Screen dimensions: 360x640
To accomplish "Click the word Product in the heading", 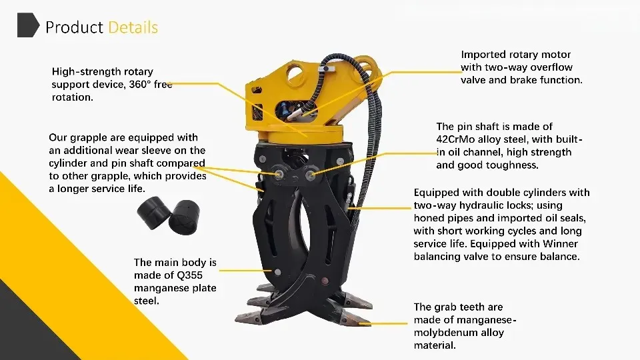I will [74, 27].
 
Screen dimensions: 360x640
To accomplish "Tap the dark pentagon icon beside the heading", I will [27, 25].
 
